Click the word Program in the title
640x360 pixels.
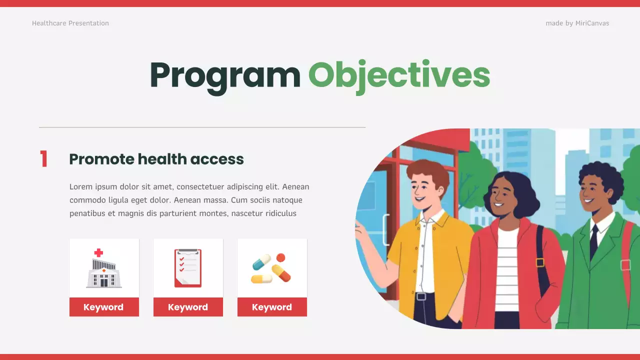pyautogui.click(x=224, y=75)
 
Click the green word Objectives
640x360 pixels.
pyautogui.click(x=398, y=75)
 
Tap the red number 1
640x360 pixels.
pyautogui.click(x=44, y=159)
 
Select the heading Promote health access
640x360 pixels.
pyautogui.click(x=156, y=159)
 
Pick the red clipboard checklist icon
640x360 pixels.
pyautogui.click(x=188, y=268)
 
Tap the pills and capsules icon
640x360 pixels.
pyautogui.click(x=271, y=268)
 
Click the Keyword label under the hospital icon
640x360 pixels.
pyautogui.click(x=103, y=307)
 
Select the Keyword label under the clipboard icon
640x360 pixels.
pyautogui.click(x=188, y=307)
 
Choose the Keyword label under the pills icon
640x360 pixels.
pyautogui.click(x=272, y=307)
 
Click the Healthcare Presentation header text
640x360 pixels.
pyautogui.click(x=70, y=23)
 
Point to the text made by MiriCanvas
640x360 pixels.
pyautogui.click(x=577, y=23)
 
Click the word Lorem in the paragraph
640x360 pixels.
pyautogui.click(x=80, y=187)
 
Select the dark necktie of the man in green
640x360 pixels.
pyautogui.click(x=594, y=242)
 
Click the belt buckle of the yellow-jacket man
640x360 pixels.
pyautogui.click(x=421, y=296)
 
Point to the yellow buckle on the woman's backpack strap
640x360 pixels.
pyautogui.click(x=539, y=262)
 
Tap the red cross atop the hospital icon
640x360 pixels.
pyautogui.click(x=98, y=253)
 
